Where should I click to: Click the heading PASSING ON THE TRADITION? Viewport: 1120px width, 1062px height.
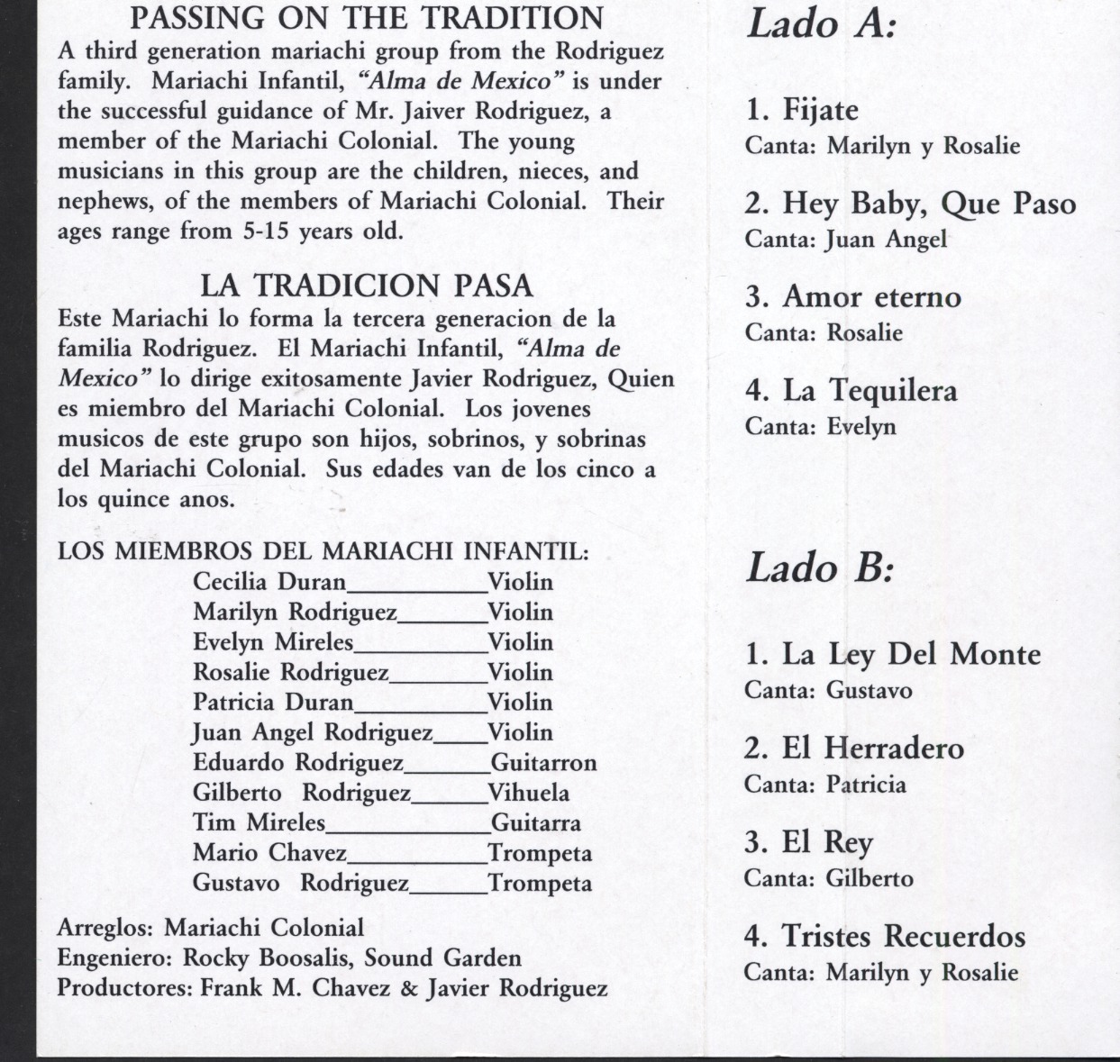[x=368, y=18]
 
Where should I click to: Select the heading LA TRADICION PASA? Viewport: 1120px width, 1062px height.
[x=367, y=286]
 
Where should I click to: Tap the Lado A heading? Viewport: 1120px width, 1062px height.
[x=822, y=23]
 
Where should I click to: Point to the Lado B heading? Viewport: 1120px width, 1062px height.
[x=820, y=567]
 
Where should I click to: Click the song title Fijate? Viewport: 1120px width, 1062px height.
[x=820, y=111]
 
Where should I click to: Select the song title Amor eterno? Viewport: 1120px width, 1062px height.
[x=871, y=297]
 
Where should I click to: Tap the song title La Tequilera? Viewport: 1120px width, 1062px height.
[x=870, y=391]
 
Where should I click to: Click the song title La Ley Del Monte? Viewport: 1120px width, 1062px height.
[x=910, y=654]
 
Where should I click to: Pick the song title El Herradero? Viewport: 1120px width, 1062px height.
[x=872, y=748]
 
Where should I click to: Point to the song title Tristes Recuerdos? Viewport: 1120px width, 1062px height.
[x=903, y=936]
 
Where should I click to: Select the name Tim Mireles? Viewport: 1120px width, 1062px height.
[x=259, y=822]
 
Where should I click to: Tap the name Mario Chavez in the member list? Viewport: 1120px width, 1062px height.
[x=269, y=852]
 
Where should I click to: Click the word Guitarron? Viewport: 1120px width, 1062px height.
[x=543, y=763]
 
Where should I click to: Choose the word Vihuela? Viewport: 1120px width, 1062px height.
[x=529, y=793]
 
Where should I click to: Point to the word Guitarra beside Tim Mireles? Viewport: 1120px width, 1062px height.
[x=536, y=822]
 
